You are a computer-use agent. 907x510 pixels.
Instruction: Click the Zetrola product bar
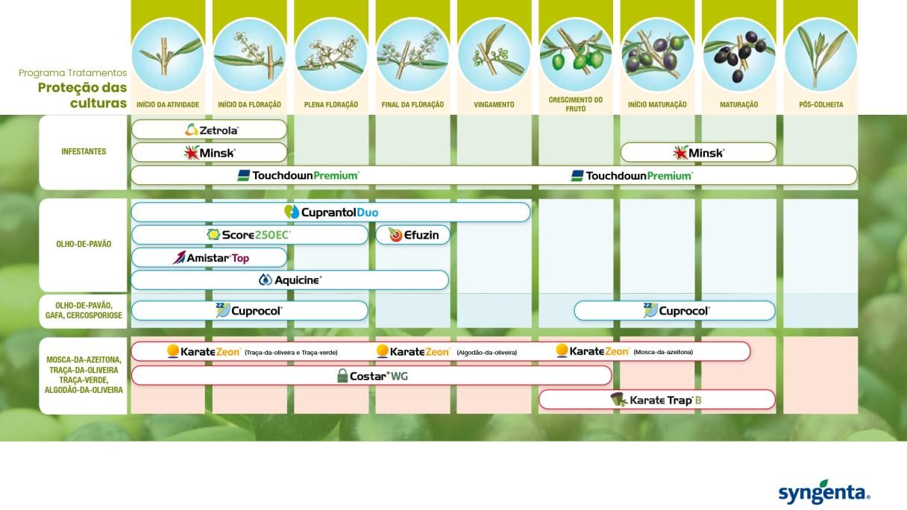tap(209, 130)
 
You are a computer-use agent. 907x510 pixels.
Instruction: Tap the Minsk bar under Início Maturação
tap(698, 153)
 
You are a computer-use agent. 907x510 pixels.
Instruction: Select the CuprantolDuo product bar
tap(330, 212)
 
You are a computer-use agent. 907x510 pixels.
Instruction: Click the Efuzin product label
tap(413, 235)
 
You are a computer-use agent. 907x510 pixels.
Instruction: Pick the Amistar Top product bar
tap(209, 257)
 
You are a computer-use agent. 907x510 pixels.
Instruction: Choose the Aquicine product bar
tap(290, 280)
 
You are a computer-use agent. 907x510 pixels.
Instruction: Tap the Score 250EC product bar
tap(249, 235)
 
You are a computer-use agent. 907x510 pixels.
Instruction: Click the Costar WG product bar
tap(371, 376)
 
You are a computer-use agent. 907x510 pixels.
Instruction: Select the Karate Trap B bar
tap(657, 400)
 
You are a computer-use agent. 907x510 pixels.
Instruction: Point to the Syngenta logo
tap(823, 493)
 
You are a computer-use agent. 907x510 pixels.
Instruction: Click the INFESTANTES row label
tap(84, 151)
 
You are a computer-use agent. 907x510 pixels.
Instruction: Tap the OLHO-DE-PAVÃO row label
tap(84, 244)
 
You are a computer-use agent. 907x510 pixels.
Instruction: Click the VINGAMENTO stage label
tap(494, 104)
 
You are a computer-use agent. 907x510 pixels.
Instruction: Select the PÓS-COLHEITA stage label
tap(820, 104)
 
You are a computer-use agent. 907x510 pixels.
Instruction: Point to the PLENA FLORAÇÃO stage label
tap(331, 104)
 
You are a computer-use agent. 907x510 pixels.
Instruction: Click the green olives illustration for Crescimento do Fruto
tap(575, 54)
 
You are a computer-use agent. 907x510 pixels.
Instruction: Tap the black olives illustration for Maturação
tap(738, 54)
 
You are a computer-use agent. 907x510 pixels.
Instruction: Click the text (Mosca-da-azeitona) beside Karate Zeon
tap(663, 352)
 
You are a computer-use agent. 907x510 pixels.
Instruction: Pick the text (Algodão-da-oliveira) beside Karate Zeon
tap(487, 353)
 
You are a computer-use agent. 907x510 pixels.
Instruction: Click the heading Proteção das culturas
tap(82, 95)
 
